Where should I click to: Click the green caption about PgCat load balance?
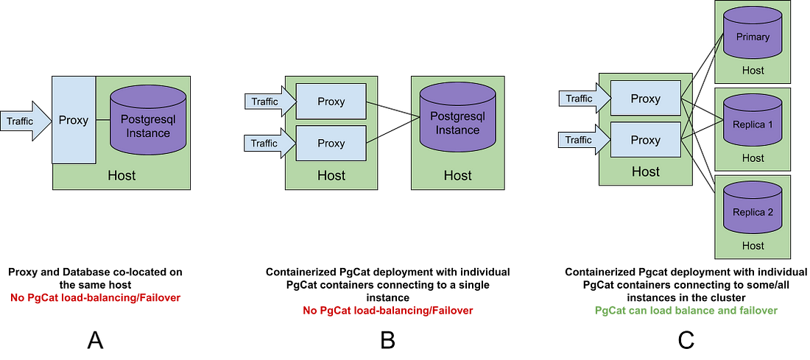(686, 311)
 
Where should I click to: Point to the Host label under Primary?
(753, 71)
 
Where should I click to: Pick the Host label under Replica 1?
(753, 158)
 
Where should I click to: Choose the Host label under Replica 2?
(753, 246)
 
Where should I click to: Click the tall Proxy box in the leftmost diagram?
(74, 120)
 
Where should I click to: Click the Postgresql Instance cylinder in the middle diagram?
(457, 121)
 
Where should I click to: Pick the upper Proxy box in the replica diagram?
(645, 99)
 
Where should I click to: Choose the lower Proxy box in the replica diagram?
(645, 140)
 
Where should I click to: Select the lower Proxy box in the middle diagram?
(331, 143)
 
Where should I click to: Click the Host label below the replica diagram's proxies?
(645, 172)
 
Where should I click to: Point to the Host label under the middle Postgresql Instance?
(457, 175)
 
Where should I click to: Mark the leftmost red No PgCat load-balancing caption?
(95, 298)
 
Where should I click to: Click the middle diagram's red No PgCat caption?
(388, 311)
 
